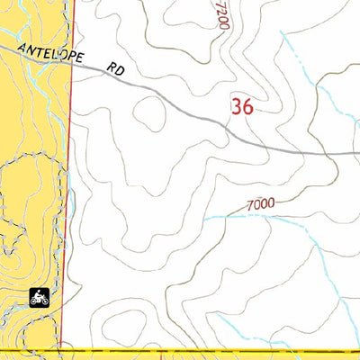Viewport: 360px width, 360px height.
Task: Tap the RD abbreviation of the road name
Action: tap(114, 67)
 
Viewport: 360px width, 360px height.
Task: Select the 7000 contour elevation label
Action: tap(259, 204)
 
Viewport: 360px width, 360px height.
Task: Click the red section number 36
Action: tap(241, 106)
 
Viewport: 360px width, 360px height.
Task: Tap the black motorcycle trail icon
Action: tap(39, 296)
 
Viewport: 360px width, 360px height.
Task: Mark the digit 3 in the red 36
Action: tap(236, 106)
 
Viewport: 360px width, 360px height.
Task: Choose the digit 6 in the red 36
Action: tap(247, 106)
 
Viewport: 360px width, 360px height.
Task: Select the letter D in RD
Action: tap(119, 68)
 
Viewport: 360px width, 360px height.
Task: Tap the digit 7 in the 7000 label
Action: tap(248, 206)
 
